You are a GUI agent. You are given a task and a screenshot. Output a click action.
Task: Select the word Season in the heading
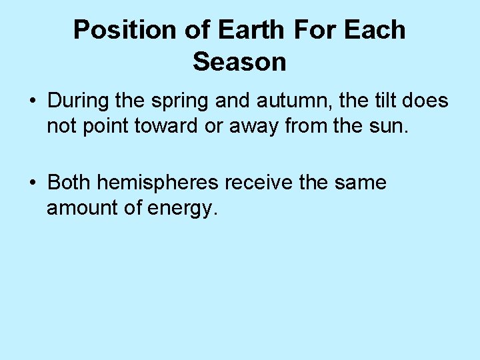pos(239,63)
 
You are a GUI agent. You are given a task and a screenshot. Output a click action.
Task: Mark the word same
pos(363,182)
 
